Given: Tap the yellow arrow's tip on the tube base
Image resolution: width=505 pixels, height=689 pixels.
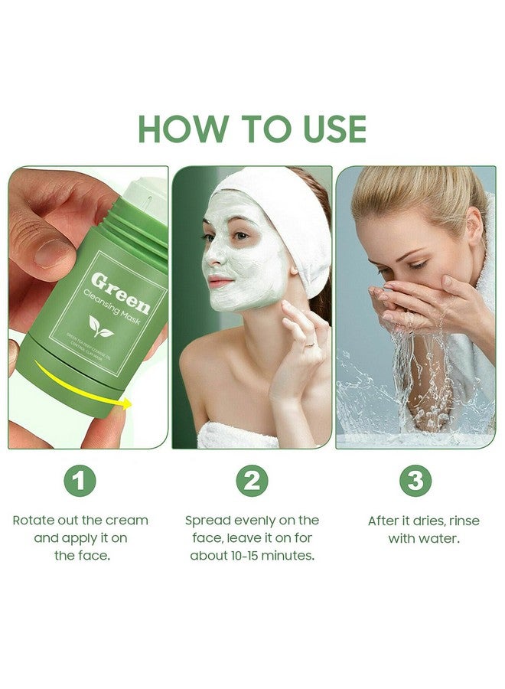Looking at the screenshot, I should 127,403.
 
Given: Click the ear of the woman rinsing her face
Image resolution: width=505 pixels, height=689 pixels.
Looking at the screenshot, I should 475,229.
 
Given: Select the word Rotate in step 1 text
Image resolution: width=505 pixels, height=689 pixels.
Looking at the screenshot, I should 35,521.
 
